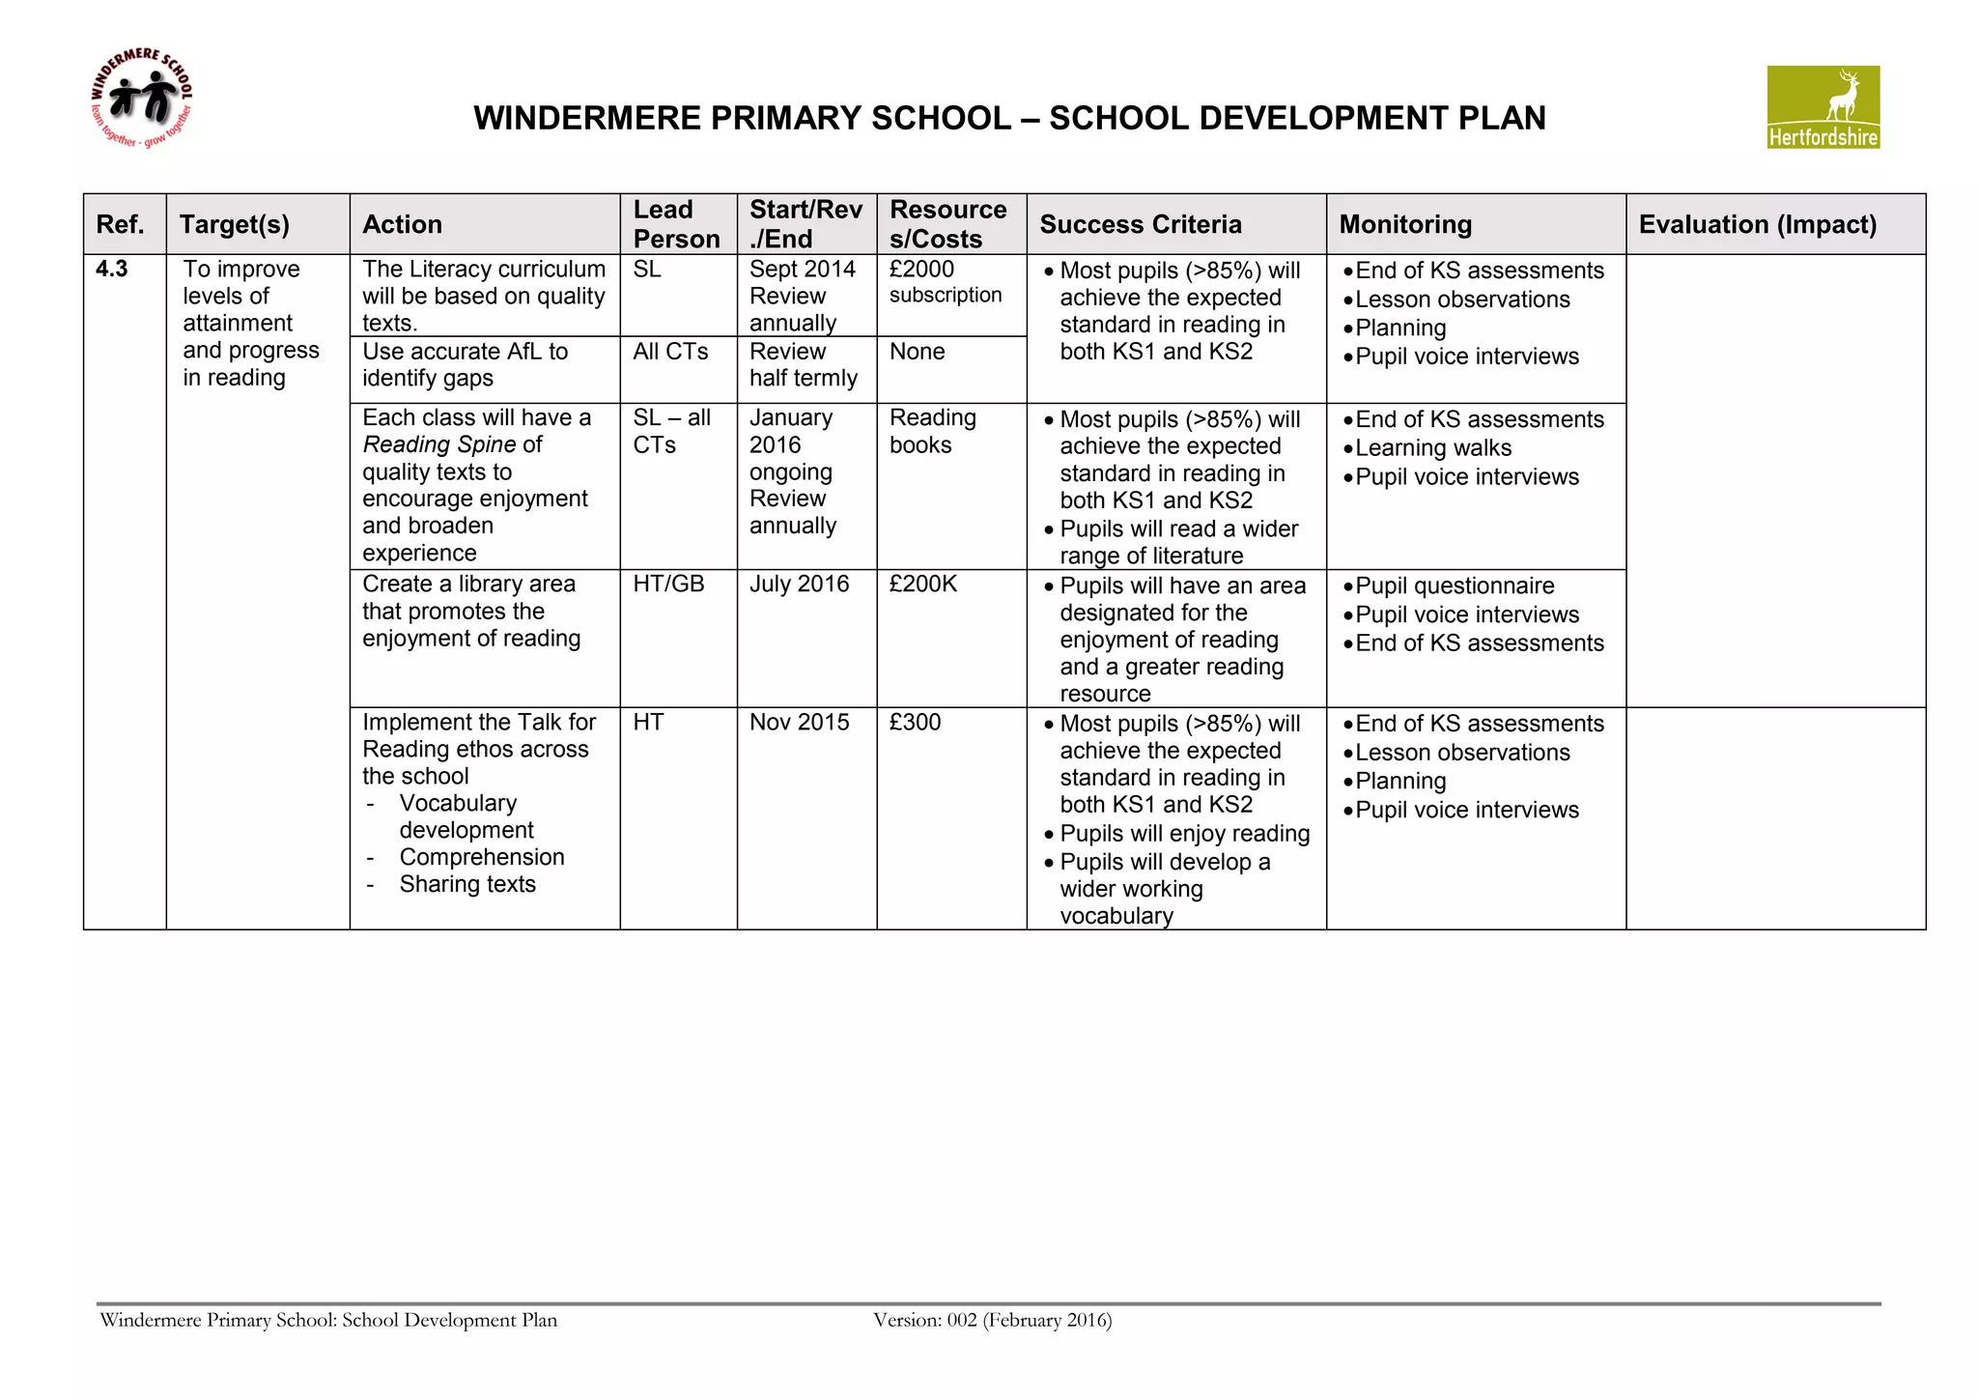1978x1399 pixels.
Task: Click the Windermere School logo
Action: coord(141,100)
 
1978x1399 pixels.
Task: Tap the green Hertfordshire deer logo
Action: coord(1823,106)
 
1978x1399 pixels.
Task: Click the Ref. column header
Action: coord(121,224)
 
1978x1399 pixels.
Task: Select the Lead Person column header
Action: coord(676,224)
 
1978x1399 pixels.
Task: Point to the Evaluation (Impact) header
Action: coord(1757,224)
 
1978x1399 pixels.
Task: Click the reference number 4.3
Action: coord(112,269)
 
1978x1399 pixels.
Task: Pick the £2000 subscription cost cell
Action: coord(945,281)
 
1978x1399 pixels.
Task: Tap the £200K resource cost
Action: coord(922,585)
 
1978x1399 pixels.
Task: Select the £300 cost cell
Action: coord(914,723)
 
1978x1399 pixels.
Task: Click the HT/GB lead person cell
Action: coord(668,585)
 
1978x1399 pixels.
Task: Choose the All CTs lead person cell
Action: coord(670,352)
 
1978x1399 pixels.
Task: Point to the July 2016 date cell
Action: coord(799,585)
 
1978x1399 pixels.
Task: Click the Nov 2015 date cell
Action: coord(799,723)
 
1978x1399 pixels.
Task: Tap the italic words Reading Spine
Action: coord(439,444)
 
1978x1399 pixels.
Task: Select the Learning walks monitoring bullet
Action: coord(1432,448)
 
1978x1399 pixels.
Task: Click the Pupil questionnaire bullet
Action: coord(1454,586)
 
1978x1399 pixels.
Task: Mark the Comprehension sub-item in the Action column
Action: coord(481,857)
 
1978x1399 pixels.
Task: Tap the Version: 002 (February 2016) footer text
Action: coord(992,1320)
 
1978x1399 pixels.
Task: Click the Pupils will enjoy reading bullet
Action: coord(1183,834)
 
